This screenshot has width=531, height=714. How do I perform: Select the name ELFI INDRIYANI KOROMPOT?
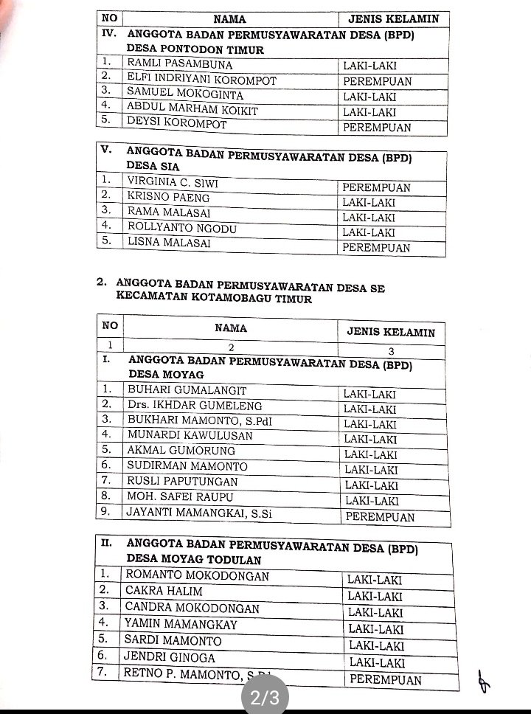pyautogui.click(x=201, y=80)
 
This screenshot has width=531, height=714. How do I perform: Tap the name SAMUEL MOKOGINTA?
pyautogui.click(x=185, y=95)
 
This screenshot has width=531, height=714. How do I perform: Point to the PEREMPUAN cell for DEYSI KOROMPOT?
pyautogui.click(x=377, y=127)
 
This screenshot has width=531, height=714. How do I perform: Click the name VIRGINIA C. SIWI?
pyautogui.click(x=173, y=181)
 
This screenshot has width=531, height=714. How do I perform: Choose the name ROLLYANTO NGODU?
pyautogui.click(x=182, y=229)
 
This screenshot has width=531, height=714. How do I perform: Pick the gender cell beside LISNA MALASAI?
pyautogui.click(x=376, y=248)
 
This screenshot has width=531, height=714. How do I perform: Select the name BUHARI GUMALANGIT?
pyautogui.click(x=187, y=390)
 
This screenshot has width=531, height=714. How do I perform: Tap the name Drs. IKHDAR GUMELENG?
pyautogui.click(x=195, y=405)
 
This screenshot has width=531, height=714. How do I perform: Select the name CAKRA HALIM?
pyautogui.click(x=164, y=591)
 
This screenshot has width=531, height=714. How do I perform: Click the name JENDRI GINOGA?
pyautogui.click(x=170, y=657)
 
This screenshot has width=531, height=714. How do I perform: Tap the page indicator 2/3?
pyautogui.click(x=265, y=697)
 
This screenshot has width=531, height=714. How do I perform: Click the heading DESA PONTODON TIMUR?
pyautogui.click(x=195, y=50)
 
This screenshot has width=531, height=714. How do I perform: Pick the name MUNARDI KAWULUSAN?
pyautogui.click(x=190, y=435)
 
